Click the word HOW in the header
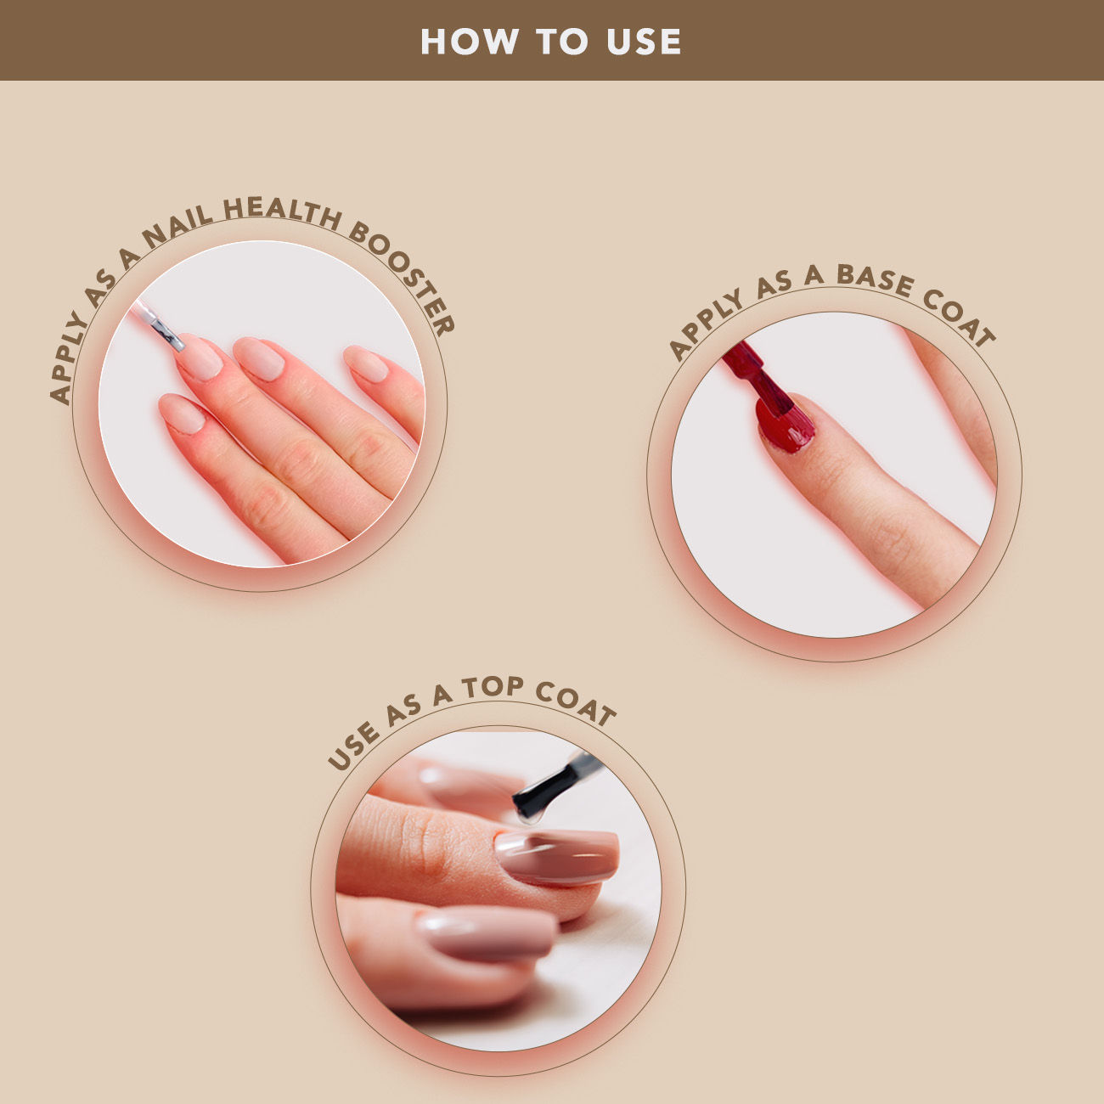pos(470,42)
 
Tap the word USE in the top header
pos(644,42)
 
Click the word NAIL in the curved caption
pos(177,228)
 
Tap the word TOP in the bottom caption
pos(493,687)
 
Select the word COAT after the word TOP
pos(576,702)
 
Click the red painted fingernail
pos(785,424)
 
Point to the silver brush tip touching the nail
pos(169,335)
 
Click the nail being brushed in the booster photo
pos(198,358)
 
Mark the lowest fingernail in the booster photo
pos(182,413)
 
